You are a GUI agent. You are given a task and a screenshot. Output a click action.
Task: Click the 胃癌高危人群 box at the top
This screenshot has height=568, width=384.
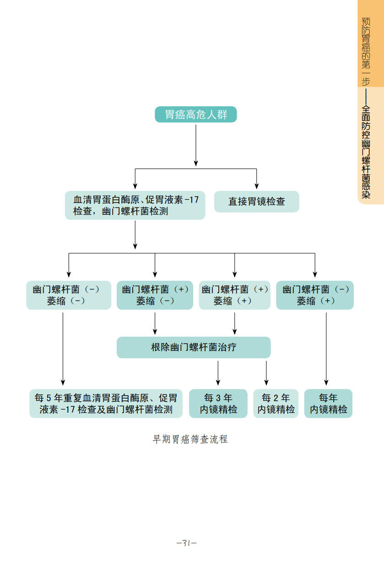pos(196,115)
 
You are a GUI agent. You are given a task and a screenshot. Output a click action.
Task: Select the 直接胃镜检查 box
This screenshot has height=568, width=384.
pos(256,202)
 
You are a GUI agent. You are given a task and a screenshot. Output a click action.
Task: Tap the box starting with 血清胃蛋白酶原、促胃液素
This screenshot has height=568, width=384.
pos(135,205)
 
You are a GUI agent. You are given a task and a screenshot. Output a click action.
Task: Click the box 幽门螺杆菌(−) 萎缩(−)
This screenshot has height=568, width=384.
pos(69,295)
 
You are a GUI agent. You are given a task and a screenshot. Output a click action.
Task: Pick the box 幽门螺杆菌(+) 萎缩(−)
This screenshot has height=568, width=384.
pos(155,295)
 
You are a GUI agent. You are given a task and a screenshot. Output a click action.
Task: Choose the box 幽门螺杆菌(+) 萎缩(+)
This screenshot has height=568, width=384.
pos(235,295)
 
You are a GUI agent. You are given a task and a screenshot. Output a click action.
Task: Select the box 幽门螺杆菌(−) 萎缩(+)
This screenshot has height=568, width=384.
pos(315,295)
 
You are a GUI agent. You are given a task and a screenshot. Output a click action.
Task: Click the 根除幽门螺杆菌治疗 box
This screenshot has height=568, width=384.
pos(194,347)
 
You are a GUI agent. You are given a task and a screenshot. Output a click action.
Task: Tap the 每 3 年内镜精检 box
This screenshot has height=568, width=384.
pos(218,404)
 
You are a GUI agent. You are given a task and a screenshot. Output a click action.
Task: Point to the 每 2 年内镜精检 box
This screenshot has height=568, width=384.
pos(276,404)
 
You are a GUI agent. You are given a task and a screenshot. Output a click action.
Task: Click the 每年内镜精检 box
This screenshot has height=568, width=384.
pos(328,404)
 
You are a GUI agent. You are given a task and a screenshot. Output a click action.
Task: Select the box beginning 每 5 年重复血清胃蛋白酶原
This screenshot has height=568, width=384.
pos(106,404)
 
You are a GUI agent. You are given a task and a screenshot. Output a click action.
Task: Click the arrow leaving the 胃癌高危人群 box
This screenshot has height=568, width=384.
pos(196,144)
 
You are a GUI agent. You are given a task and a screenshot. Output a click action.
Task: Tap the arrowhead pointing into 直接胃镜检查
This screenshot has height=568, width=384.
pos(256,185)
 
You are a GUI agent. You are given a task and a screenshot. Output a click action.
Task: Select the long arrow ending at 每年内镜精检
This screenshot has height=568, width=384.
pos(326,348)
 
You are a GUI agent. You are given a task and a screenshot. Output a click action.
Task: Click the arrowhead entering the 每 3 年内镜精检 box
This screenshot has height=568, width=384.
pos(218,382)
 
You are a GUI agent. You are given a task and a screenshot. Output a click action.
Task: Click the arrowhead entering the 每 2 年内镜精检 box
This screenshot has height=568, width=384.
pos(266,382)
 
